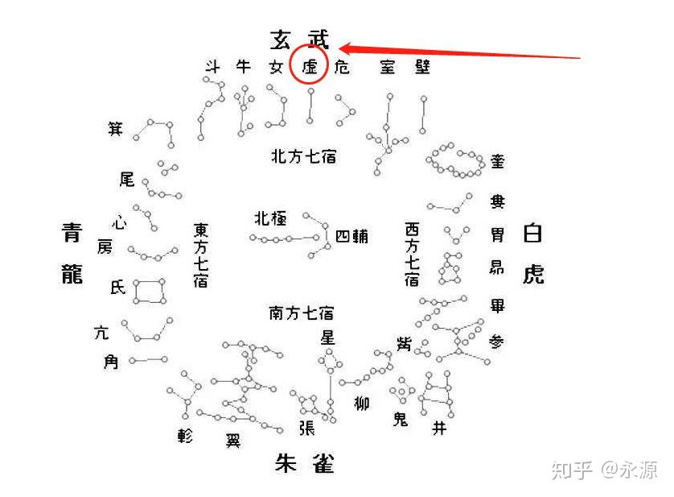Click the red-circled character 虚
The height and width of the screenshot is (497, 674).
[310, 67]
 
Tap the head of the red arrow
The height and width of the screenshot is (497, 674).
[341, 47]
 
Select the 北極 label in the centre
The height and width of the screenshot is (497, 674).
[268, 218]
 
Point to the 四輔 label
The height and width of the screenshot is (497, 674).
[351, 237]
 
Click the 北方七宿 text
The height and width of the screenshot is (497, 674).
[302, 156]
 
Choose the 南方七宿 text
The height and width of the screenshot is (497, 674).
[301, 313]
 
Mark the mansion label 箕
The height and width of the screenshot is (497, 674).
[116, 128]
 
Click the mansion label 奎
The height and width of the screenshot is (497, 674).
[498, 161]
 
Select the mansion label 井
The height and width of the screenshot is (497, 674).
[438, 428]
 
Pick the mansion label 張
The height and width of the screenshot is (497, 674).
[306, 428]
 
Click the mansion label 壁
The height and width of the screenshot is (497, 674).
[422, 66]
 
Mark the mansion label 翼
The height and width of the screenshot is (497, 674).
[232, 441]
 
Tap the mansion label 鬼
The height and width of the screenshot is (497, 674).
[400, 419]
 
